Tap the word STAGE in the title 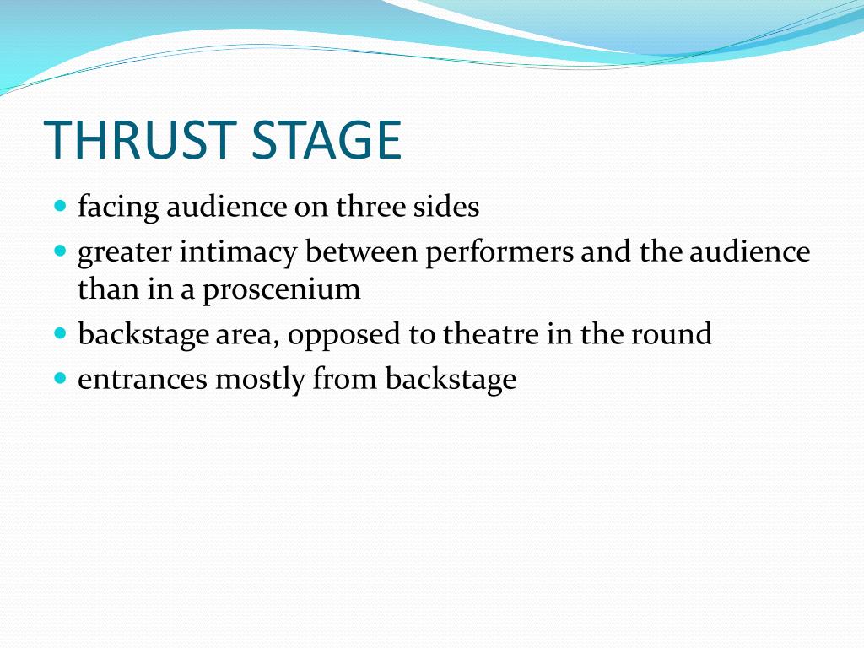327,141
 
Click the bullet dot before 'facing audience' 60,206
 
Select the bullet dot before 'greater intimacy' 60,251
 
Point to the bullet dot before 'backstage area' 60,333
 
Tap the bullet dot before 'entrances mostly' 60,378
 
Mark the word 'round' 671,334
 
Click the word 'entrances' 142,380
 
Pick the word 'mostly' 261,381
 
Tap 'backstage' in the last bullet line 451,381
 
